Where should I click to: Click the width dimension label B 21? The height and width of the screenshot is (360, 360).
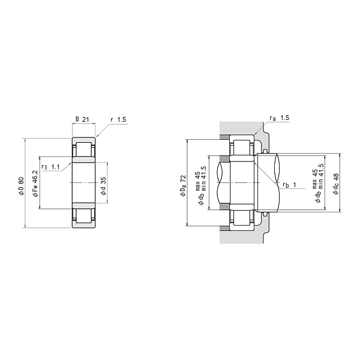coord(82,119)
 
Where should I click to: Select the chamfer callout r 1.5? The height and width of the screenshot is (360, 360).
coord(118,119)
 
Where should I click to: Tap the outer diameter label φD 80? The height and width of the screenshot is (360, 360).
coord(21,186)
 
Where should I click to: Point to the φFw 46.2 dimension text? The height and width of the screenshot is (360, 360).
coord(35,184)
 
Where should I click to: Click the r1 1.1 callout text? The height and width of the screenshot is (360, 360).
coord(51,167)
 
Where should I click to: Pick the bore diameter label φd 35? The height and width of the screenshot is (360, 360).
coord(104,186)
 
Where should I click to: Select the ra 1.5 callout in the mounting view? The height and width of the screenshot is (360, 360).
coord(280,118)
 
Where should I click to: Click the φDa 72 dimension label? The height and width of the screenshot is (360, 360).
coord(183,186)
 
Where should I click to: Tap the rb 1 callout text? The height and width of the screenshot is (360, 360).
coord(289,185)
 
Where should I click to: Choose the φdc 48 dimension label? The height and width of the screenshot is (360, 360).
coord(336,184)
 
